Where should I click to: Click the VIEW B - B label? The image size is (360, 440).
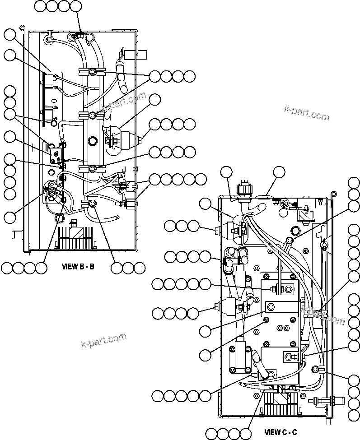(78, 266)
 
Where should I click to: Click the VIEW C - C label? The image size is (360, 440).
(281, 432)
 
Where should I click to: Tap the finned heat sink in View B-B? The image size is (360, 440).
(75, 236)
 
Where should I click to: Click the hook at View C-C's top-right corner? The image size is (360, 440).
(333, 194)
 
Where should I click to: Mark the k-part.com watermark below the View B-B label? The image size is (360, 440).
(104, 341)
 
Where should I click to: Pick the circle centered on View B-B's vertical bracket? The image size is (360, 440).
(93, 141)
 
